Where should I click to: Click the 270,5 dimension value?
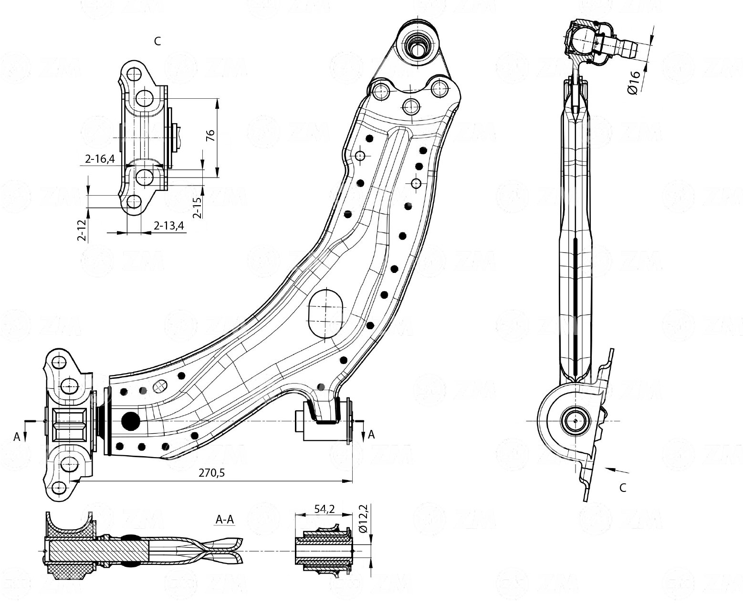click(211, 472)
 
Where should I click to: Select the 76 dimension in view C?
click(210, 136)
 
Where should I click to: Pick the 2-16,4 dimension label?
click(100, 159)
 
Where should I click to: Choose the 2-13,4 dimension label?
click(168, 225)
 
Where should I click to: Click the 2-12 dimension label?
click(82, 230)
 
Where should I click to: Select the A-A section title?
click(225, 520)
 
